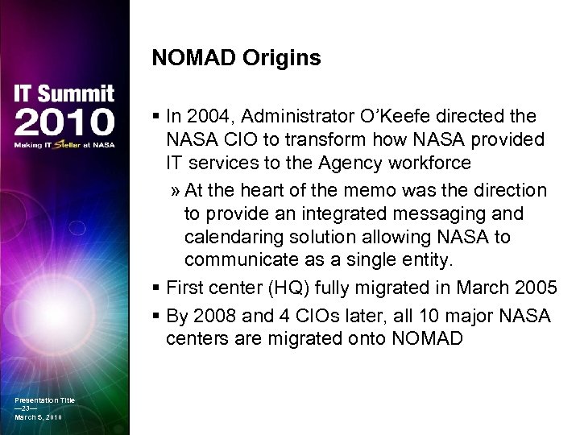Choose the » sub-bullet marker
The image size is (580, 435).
pos(175,191)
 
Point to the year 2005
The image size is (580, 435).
pos(537,288)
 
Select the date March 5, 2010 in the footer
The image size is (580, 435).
pos(38,417)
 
